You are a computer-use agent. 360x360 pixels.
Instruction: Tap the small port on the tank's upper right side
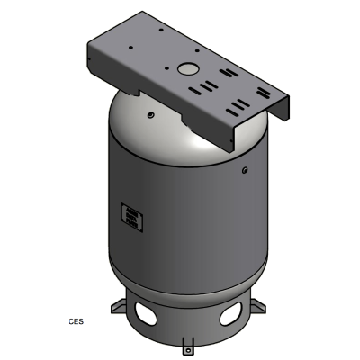[x=243, y=168]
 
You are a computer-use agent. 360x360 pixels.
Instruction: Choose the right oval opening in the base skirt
[x=229, y=314]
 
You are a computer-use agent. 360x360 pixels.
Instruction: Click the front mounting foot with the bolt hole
[x=187, y=345]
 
